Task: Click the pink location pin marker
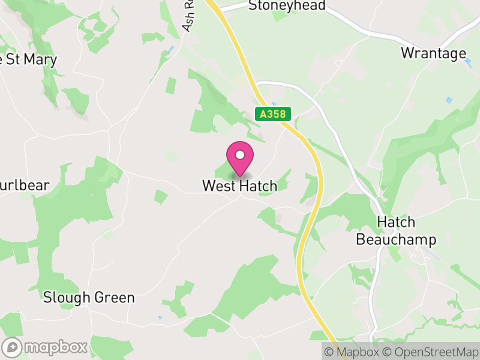(240, 160)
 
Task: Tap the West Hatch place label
(240, 186)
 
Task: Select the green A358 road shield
(273, 114)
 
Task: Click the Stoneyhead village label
(287, 6)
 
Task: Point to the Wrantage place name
(433, 53)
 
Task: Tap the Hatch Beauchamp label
(396, 231)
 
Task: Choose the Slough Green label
(89, 298)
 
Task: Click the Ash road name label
(190, 18)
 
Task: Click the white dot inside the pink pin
(240, 155)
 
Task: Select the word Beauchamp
(396, 240)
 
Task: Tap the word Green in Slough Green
(114, 298)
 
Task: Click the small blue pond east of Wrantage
(449, 100)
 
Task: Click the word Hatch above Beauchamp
(396, 222)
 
